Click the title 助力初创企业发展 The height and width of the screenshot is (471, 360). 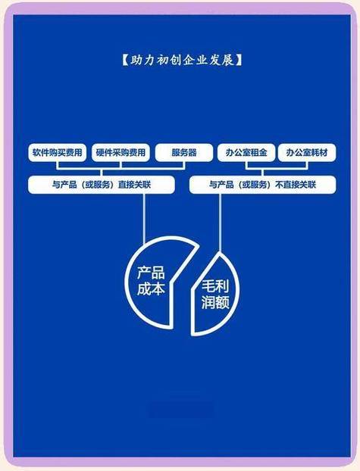(182, 60)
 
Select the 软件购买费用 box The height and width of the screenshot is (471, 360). (57, 153)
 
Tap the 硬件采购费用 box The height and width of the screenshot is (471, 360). (121, 153)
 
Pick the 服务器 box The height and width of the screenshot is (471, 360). (184, 153)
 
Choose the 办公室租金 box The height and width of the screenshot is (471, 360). (246, 153)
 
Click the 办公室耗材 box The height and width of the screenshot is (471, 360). (307, 153)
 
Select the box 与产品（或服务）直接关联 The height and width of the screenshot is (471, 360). (102, 185)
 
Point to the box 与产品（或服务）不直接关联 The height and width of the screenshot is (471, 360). (262, 185)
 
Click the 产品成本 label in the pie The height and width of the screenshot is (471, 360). (151, 281)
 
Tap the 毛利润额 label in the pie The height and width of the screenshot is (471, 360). (215, 295)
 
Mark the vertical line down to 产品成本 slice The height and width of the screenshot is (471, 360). (144, 219)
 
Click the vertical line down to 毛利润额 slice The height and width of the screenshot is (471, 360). (220, 223)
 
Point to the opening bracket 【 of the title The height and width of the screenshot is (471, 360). (124, 60)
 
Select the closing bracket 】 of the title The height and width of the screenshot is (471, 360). (239, 60)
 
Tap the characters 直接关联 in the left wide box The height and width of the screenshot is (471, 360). (134, 185)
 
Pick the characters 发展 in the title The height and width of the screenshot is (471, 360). (226, 60)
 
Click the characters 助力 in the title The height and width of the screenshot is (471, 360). (138, 60)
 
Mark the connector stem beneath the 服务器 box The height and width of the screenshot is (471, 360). (184, 166)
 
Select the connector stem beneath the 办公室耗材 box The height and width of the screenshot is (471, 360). (307, 166)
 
